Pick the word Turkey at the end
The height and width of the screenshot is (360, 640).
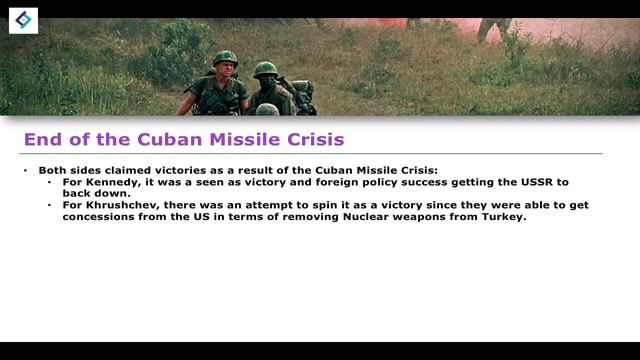point(502,216)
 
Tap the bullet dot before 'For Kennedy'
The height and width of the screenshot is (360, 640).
point(51,184)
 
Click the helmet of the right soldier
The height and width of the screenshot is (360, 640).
point(265,69)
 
